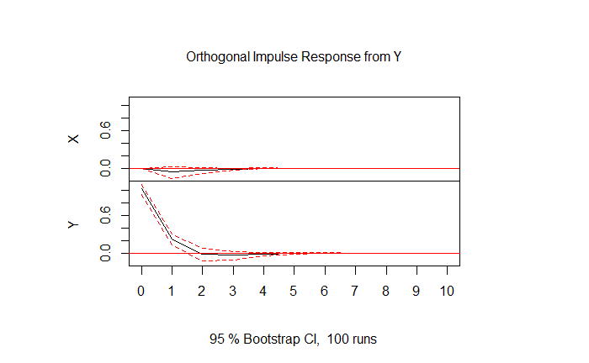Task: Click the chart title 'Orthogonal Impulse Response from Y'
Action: click(x=294, y=57)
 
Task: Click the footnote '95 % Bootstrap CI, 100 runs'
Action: click(x=294, y=339)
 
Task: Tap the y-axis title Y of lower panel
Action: click(x=74, y=224)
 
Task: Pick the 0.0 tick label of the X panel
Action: click(x=105, y=168)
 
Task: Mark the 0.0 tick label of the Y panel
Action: click(x=105, y=253)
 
